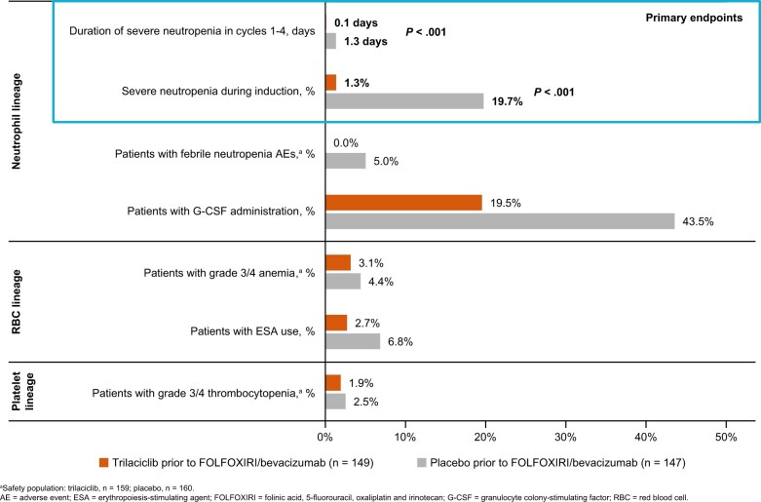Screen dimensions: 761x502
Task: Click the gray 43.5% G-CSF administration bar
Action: click(x=500, y=221)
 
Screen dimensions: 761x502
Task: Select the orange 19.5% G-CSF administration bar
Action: click(x=403, y=203)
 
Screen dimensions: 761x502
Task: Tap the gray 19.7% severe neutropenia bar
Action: click(x=404, y=101)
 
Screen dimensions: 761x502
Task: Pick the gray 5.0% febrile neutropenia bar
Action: click(x=346, y=161)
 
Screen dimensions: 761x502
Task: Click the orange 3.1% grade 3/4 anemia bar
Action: click(x=338, y=262)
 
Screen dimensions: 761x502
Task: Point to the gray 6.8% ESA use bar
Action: click(x=353, y=341)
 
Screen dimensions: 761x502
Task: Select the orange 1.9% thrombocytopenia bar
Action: click(x=333, y=382)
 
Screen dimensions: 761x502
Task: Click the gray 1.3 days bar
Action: click(x=330, y=41)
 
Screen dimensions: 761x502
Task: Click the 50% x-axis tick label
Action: click(x=726, y=437)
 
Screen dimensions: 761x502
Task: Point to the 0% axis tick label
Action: click(x=324, y=437)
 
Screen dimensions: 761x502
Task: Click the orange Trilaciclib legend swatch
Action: click(x=103, y=462)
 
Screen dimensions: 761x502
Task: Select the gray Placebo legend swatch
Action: click(x=421, y=462)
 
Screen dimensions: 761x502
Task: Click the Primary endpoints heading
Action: click(x=694, y=18)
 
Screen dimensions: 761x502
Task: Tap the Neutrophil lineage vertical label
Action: click(x=17, y=122)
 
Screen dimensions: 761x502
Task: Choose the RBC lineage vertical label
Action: click(x=17, y=301)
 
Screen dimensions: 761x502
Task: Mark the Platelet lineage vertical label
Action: click(x=22, y=391)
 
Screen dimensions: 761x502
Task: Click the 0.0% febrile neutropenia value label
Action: click(x=346, y=142)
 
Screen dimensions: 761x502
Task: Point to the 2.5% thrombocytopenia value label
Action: click(x=366, y=402)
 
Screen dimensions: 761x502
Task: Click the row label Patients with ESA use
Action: click(x=252, y=331)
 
